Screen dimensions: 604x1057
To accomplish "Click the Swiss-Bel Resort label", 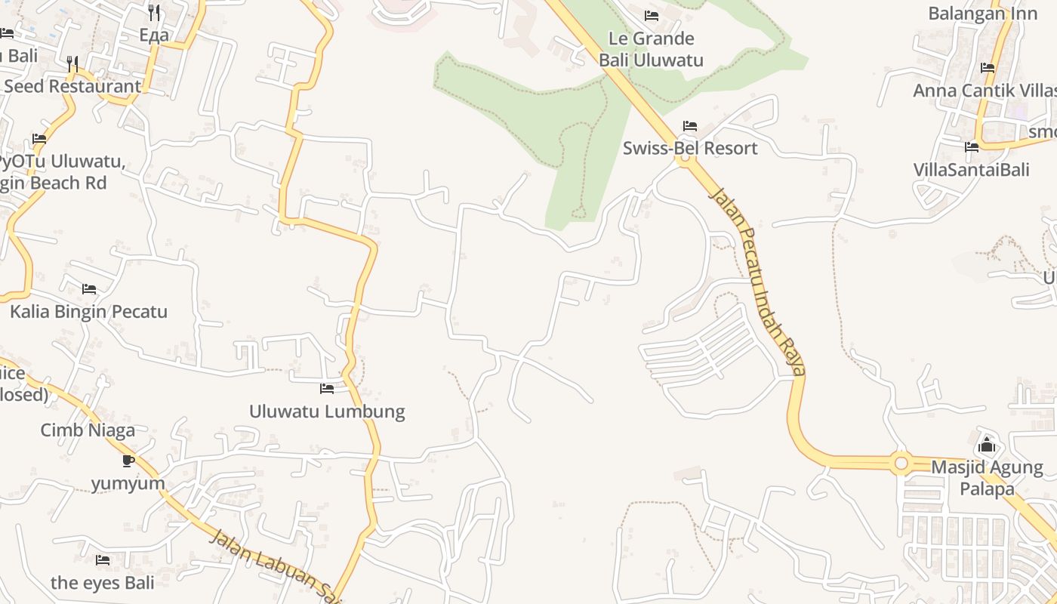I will pos(689,148).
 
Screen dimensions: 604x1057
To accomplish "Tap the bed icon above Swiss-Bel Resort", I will pos(689,126).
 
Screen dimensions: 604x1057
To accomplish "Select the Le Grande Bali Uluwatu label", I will pos(652,49).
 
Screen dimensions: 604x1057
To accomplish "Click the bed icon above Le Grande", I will pos(652,16).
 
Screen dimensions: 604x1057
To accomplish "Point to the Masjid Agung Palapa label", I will pos(987,478).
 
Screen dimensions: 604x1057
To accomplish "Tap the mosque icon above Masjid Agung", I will pos(987,445).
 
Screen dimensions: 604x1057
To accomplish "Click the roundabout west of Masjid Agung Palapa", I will pos(900,462).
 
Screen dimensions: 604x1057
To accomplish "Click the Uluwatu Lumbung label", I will pos(327,411).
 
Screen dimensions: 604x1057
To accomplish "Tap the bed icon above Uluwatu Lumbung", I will pos(327,389).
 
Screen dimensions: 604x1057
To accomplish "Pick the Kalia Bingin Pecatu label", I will pos(88,311).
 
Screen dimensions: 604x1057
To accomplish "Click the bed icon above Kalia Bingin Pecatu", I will pos(88,289).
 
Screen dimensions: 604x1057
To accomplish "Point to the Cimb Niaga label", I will pos(88,430).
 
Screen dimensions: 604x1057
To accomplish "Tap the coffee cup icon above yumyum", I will pos(128,461).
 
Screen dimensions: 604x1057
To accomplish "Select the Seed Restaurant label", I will pos(72,86).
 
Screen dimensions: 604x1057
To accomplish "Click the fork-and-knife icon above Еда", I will pos(154,13).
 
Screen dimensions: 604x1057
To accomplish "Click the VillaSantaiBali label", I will pos(971,169).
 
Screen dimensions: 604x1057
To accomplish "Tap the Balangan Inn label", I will pos(977,14).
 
